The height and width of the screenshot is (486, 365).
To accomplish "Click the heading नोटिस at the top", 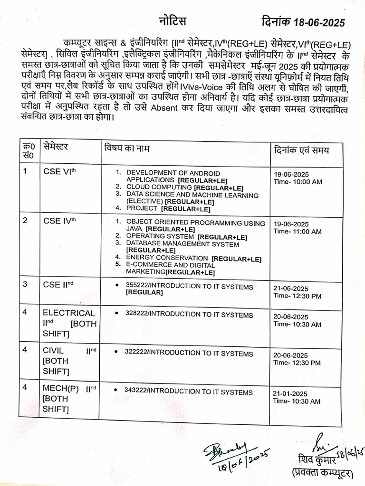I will pyautogui.click(x=172, y=21).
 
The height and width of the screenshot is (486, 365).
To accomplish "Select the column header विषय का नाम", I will pyautogui.click(x=127, y=149).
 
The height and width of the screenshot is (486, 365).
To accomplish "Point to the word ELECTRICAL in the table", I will pyautogui.click(x=69, y=313).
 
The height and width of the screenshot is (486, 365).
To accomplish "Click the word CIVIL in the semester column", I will pyautogui.click(x=53, y=351).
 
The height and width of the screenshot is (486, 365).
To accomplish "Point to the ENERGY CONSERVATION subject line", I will pyautogui.click(x=168, y=258).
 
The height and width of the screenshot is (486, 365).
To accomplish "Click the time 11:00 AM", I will pyautogui.click(x=306, y=232).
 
